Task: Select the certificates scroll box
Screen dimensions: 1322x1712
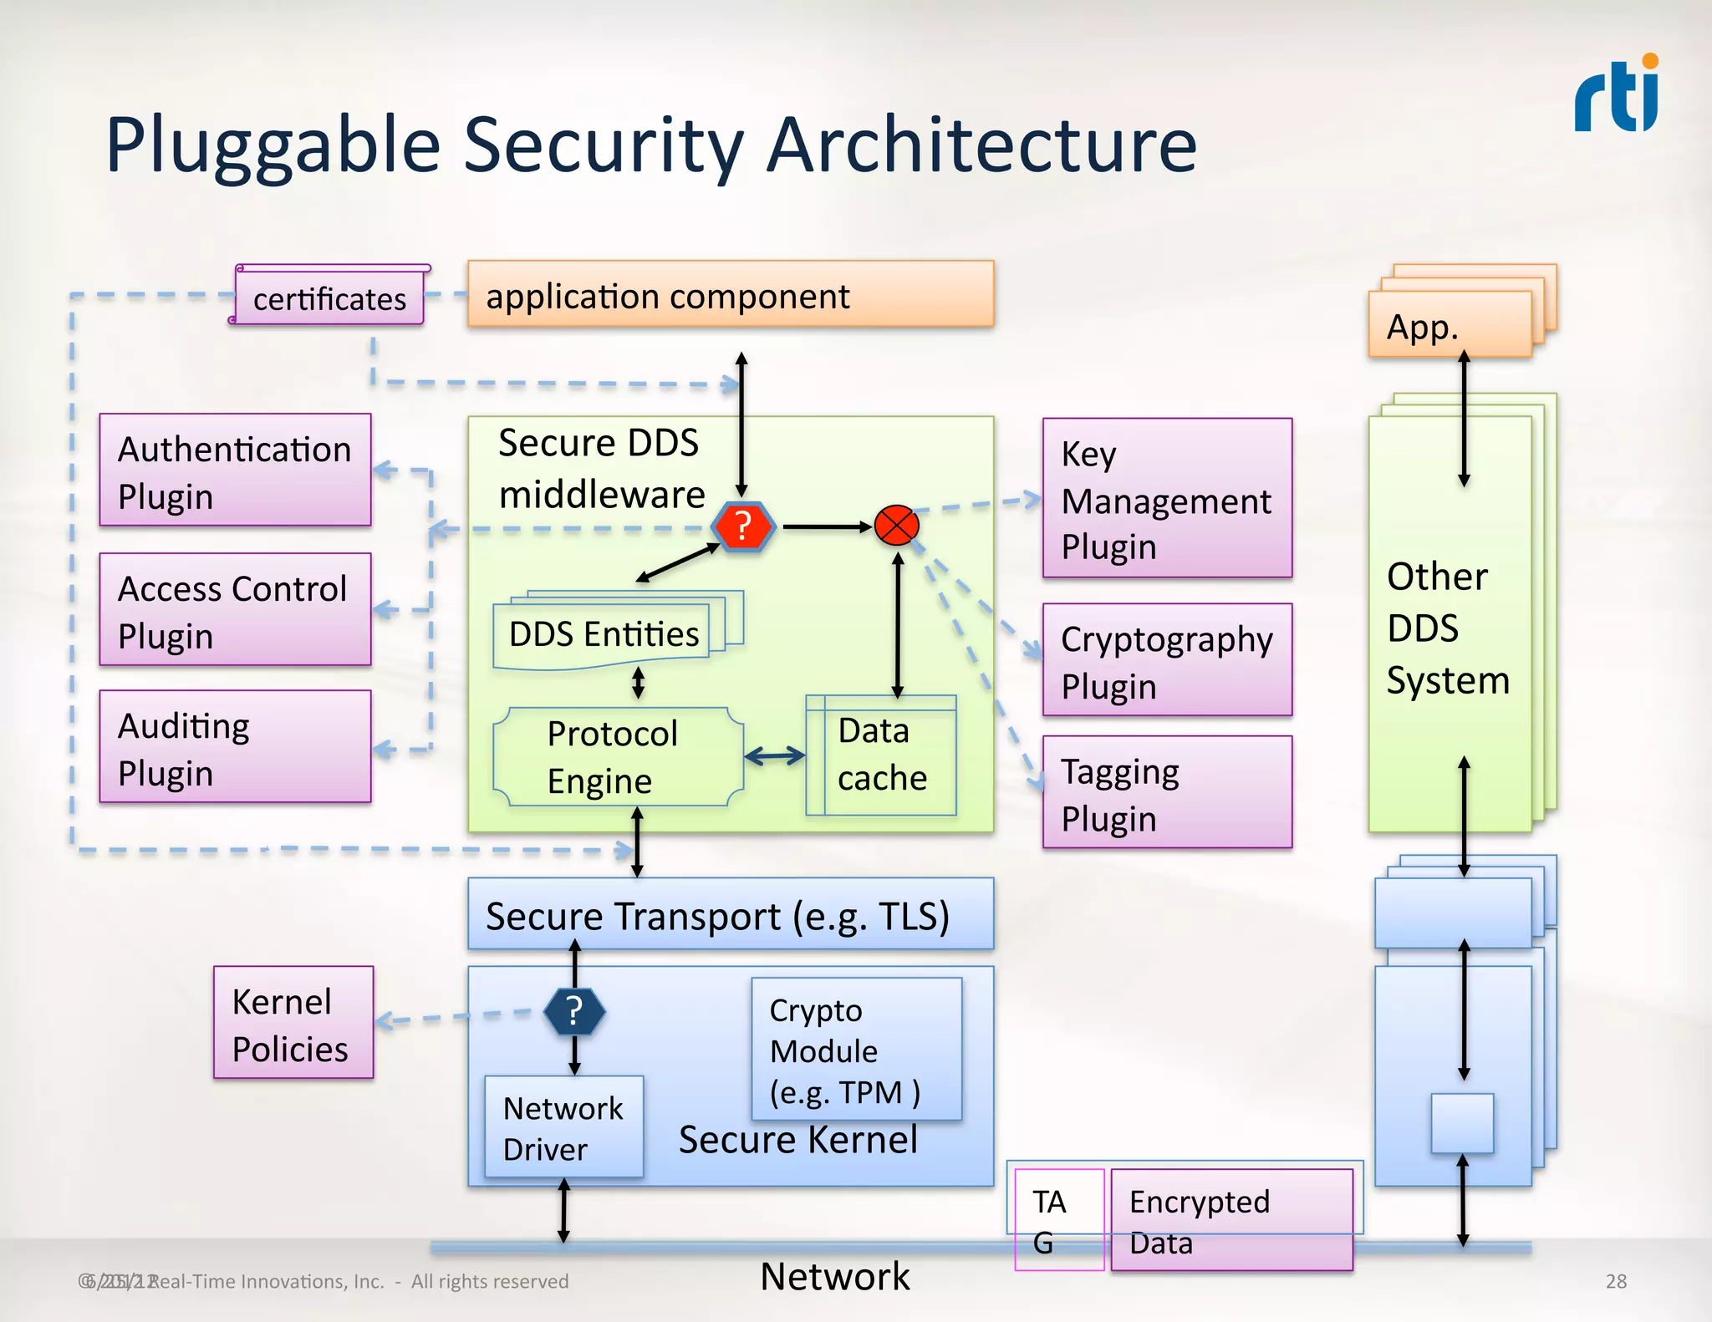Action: [330, 297]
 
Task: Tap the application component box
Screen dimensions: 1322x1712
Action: [730, 294]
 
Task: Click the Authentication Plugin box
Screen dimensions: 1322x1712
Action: [235, 470]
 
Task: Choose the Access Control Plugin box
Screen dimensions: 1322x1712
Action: [235, 610]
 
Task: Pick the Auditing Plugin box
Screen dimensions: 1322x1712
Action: [235, 747]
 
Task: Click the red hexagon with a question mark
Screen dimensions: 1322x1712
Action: [743, 527]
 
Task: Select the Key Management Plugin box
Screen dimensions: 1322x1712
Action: [1167, 499]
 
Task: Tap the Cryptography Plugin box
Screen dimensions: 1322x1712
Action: [1167, 660]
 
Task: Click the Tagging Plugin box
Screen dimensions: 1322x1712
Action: [1167, 792]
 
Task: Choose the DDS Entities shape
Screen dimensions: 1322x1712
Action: [604, 633]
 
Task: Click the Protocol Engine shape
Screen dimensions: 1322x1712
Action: [617, 757]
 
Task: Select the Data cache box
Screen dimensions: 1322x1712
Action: [881, 755]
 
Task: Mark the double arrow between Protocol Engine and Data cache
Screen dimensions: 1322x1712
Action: [774, 757]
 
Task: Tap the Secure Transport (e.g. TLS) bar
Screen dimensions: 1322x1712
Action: [730, 914]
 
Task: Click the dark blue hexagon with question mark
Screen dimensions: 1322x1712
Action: [574, 1012]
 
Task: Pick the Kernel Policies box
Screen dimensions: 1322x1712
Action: [293, 1023]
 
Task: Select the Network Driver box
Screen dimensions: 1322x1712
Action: [563, 1127]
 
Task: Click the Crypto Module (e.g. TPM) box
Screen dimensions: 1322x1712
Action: [856, 1050]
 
